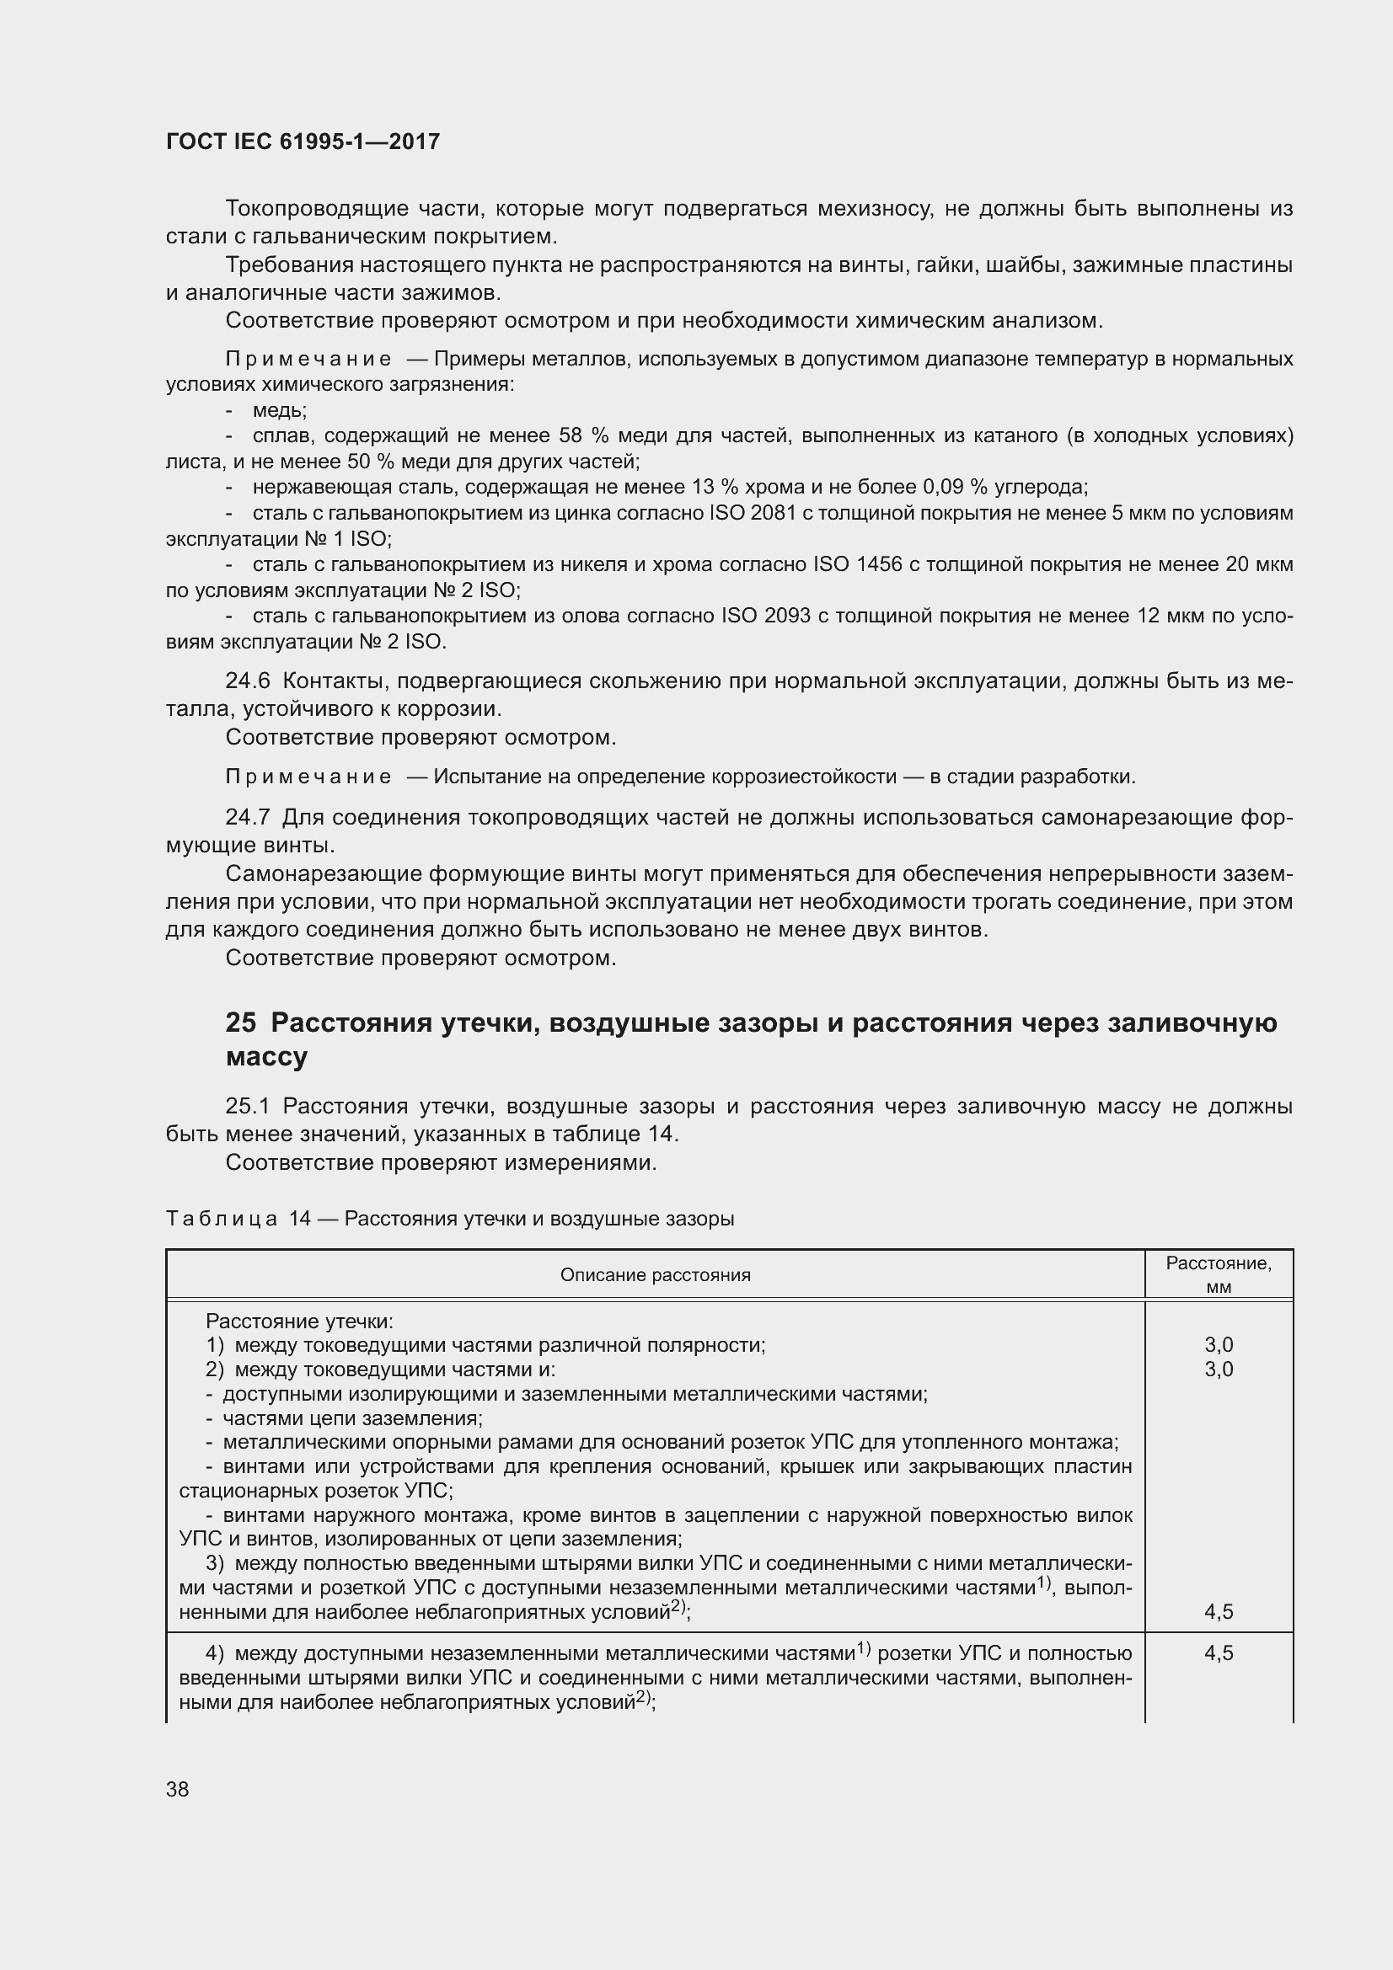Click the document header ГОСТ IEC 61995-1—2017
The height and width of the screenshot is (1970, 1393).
pyautogui.click(x=303, y=141)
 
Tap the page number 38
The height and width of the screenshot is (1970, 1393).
pyautogui.click(x=178, y=1789)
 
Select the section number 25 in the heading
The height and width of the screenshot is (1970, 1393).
pyautogui.click(x=241, y=1023)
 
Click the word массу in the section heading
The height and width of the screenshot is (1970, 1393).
pyautogui.click(x=266, y=1057)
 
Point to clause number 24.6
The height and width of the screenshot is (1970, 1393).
pyautogui.click(x=247, y=681)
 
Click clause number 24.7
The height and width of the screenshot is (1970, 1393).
pyautogui.click(x=247, y=818)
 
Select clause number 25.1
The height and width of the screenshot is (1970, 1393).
pyautogui.click(x=247, y=1107)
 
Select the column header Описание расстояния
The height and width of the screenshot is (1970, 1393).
pyautogui.click(x=655, y=1275)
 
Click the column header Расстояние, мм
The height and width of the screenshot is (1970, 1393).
pyautogui.click(x=1218, y=1275)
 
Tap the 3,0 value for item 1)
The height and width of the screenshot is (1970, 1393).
pyautogui.click(x=1218, y=1345)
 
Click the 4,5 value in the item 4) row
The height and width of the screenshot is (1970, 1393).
pyautogui.click(x=1218, y=1653)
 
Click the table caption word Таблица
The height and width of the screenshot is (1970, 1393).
pyautogui.click(x=221, y=1219)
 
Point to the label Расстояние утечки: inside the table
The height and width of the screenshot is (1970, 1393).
pyautogui.click(x=298, y=1321)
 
